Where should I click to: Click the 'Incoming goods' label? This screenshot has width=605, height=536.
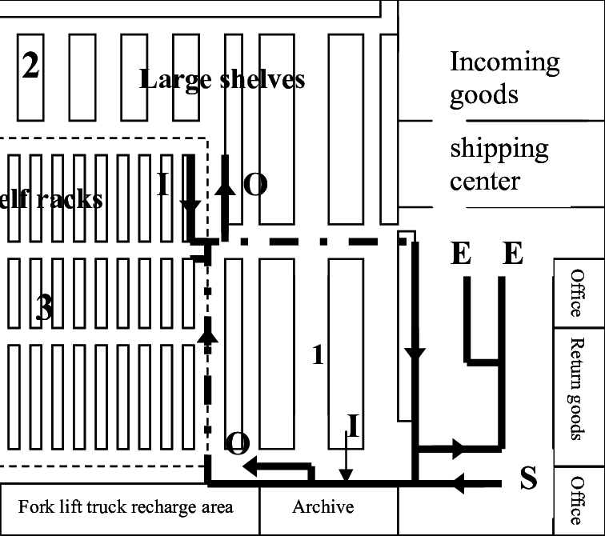coord(504,78)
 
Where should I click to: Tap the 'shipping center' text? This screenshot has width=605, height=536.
coord(499,164)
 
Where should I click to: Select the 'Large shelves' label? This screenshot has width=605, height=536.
coord(222,79)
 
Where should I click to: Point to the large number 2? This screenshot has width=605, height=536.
coord(30,66)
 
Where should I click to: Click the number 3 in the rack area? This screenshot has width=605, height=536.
coord(45,309)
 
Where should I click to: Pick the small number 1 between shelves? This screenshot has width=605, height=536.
coord(318,354)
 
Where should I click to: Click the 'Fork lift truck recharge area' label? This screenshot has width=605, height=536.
coord(126,506)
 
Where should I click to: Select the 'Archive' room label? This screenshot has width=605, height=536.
coord(323,506)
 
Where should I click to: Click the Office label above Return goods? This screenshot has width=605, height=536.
coord(577,293)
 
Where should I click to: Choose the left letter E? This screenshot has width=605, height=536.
coord(461,254)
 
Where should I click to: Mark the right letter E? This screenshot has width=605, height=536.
coord(512,254)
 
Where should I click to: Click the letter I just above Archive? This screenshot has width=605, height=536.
coord(352,424)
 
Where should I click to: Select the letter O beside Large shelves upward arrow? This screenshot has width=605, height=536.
coord(254,185)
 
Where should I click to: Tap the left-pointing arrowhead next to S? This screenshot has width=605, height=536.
coord(459,482)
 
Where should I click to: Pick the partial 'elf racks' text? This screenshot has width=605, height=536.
coord(51,198)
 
